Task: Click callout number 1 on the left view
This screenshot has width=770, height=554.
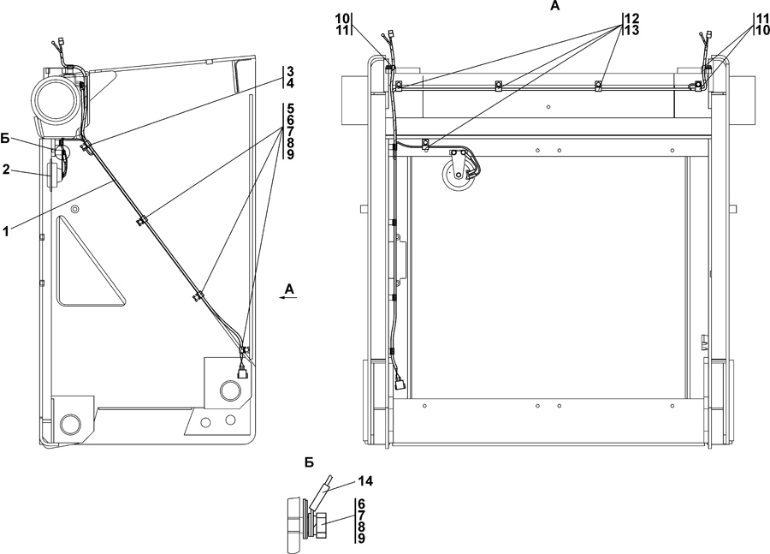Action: [x=8, y=230]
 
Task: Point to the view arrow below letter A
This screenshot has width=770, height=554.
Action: [x=289, y=299]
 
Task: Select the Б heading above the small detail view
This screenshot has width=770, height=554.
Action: [x=309, y=462]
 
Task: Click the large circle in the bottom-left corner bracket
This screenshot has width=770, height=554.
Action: [x=70, y=425]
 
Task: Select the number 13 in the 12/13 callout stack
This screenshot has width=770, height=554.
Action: [x=632, y=30]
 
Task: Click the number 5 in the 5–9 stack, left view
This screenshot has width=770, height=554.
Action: [x=290, y=109]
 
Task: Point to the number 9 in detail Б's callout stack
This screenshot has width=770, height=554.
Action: [x=362, y=539]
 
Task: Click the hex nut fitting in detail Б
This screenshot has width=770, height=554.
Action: [x=324, y=520]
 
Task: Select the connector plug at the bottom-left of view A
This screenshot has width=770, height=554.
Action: [x=401, y=384]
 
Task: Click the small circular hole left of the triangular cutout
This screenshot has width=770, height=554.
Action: [x=75, y=209]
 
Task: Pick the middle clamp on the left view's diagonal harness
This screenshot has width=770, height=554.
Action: [x=198, y=297]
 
